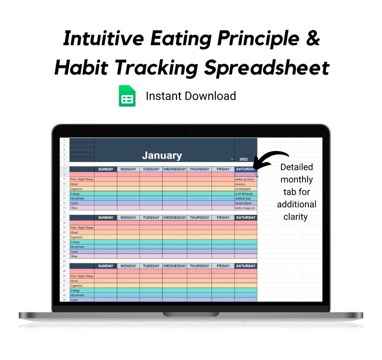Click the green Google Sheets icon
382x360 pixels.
tap(127, 96)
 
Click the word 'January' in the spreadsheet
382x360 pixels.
tap(162, 155)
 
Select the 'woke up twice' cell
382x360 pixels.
tap(245, 179)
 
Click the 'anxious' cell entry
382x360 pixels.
tap(241, 184)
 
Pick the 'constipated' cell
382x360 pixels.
tap(243, 189)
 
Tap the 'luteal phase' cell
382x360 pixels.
tap(243, 203)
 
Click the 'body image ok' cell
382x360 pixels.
tap(245, 208)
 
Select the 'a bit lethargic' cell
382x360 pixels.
tap(245, 193)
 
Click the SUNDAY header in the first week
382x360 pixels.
tap(105, 169)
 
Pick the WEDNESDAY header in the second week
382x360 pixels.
tap(175, 218)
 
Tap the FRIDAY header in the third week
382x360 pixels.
tap(223, 266)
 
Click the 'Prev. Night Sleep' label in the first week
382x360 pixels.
tap(81, 179)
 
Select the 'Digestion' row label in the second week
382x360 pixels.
tap(76, 237)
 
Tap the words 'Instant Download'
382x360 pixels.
tap(191, 96)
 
